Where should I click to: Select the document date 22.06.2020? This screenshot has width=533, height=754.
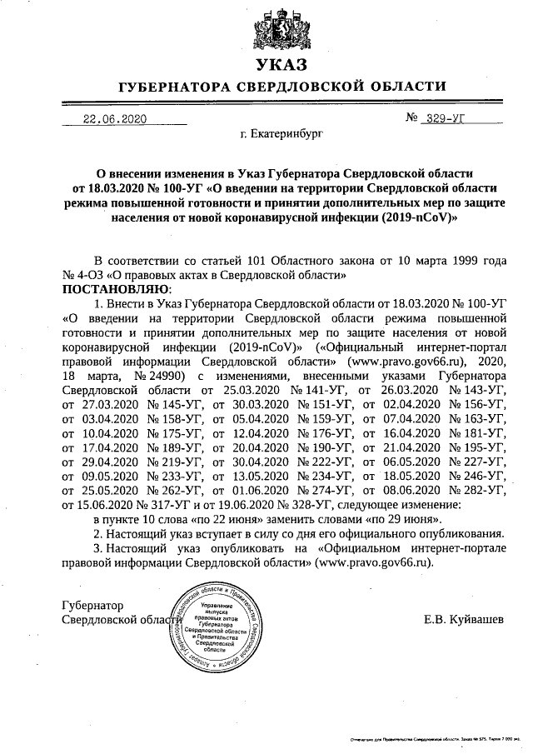(115, 118)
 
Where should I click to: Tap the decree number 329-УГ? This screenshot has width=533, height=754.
(445, 118)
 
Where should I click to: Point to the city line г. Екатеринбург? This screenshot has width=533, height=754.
(281, 133)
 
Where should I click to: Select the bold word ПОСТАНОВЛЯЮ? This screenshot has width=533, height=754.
(116, 288)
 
